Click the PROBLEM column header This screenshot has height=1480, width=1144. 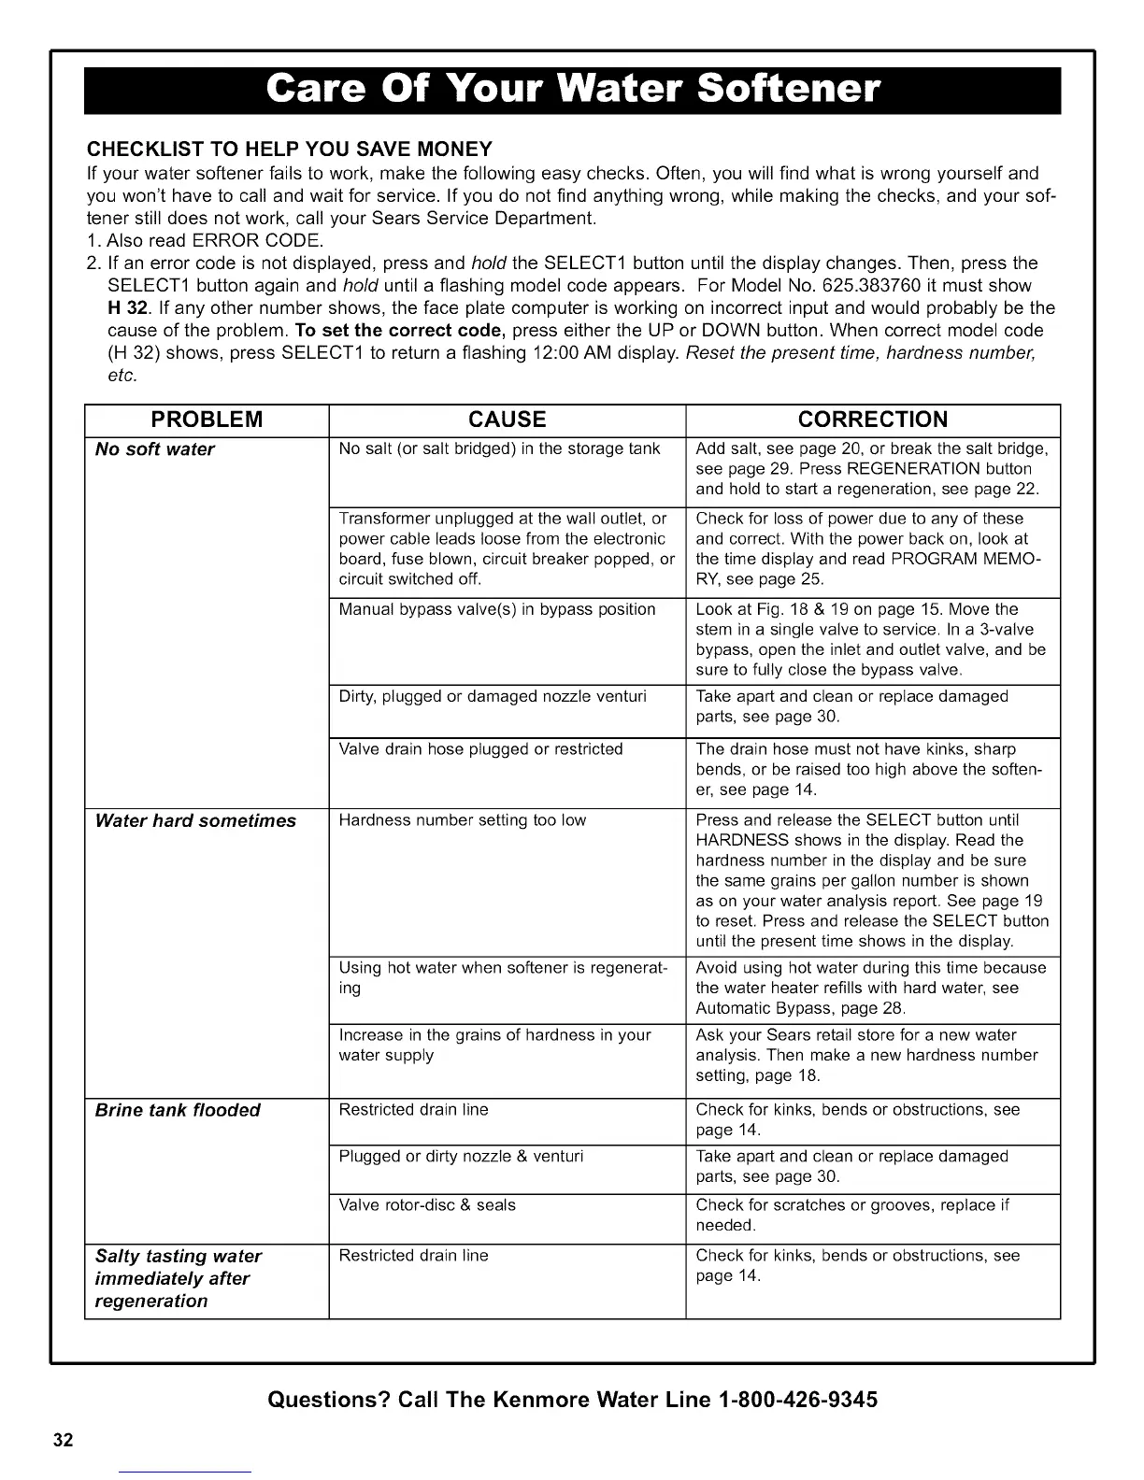point(207,419)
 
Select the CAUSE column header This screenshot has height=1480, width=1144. point(507,419)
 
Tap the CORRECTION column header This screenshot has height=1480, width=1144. point(873,419)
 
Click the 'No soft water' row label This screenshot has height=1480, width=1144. point(155,449)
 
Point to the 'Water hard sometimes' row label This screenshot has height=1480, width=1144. point(195,821)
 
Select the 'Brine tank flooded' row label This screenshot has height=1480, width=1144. point(178,1110)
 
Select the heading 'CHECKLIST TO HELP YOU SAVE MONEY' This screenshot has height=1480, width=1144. point(289,149)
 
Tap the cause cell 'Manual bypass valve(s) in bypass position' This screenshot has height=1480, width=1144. point(496,609)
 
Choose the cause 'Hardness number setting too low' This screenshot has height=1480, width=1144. point(462,820)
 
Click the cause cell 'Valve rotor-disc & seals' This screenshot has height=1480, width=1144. point(426,1205)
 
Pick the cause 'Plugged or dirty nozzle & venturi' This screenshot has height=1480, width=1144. point(461,1157)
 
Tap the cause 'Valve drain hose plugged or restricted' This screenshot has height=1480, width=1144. point(480,748)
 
